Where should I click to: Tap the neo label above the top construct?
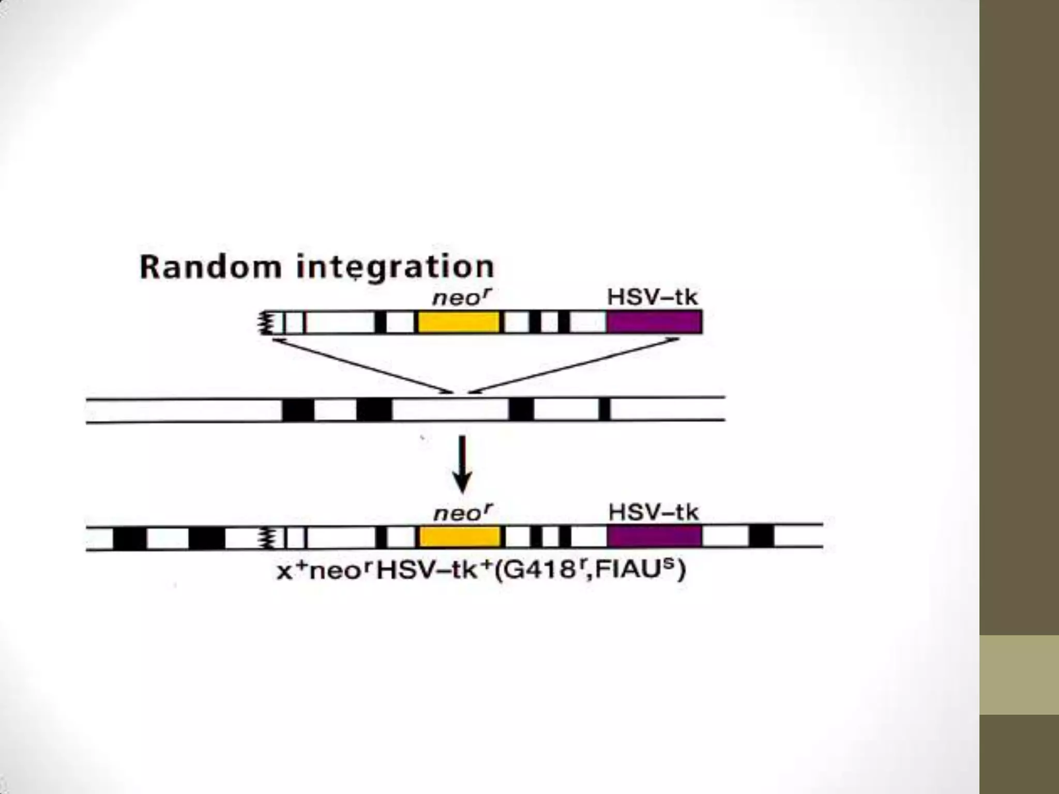(x=461, y=298)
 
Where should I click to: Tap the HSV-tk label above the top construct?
(x=652, y=297)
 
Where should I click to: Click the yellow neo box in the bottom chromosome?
(x=459, y=537)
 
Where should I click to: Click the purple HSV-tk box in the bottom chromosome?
(x=654, y=537)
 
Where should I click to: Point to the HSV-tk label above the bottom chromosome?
(x=653, y=512)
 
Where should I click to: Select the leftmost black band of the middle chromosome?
(x=298, y=410)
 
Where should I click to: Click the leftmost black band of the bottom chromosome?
(x=129, y=538)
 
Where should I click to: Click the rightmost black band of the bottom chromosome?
(x=761, y=536)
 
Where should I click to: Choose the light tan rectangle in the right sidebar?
(x=1019, y=675)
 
